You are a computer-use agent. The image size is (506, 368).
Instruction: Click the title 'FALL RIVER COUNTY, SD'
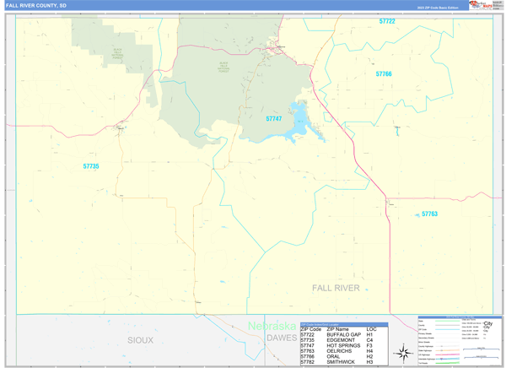click(x=37, y=5)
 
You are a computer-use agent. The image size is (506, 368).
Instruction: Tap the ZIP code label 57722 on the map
click(x=387, y=21)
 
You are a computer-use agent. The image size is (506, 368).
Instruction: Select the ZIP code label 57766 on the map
click(x=384, y=74)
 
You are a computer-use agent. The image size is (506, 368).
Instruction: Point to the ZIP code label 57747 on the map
click(x=273, y=119)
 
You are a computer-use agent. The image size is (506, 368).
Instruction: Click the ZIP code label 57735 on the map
click(x=91, y=166)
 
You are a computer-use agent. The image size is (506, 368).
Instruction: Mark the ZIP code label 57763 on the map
click(x=429, y=214)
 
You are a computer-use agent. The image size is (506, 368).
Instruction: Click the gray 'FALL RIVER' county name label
click(x=336, y=288)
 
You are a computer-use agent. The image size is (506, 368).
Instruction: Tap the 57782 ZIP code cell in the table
click(x=312, y=363)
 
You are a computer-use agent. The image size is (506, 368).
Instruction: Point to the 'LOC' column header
click(x=371, y=328)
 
